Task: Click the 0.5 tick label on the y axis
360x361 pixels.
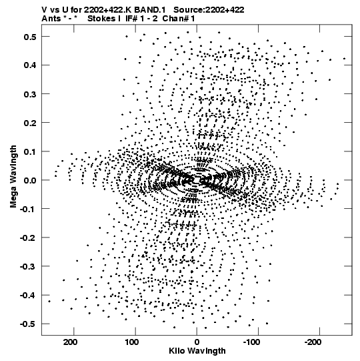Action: coord(30,37)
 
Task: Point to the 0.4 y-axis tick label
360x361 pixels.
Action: coord(30,65)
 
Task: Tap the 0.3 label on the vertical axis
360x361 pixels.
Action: coord(30,94)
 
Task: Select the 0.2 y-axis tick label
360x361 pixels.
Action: coord(30,123)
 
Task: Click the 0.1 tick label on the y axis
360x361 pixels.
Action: coord(30,151)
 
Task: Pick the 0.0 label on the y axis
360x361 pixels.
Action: coord(30,180)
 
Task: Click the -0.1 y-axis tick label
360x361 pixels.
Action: coord(28,209)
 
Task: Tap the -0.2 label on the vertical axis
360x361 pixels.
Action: coord(28,238)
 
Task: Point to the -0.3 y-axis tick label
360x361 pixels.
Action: coord(28,267)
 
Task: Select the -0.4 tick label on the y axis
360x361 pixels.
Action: coord(28,296)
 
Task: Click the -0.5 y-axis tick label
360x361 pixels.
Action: coord(28,324)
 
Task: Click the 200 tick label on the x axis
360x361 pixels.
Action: coord(71,342)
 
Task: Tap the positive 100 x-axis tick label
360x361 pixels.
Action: coord(132,342)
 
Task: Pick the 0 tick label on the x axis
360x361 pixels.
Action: coord(197,342)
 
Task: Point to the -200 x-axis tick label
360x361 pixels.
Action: coord(313,342)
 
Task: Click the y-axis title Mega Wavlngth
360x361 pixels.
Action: coord(13,177)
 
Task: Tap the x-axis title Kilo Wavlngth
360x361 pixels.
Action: coord(197,351)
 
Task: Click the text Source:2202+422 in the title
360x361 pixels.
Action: coord(209,10)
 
